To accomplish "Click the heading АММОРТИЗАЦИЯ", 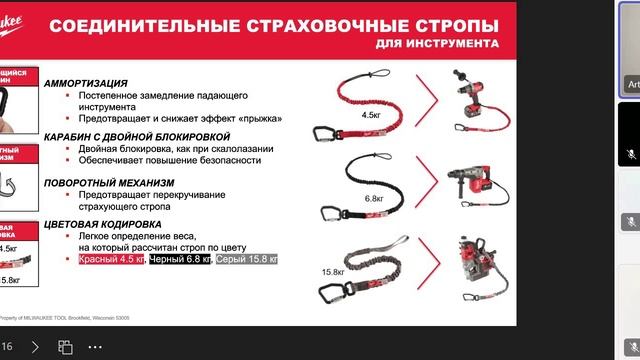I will pyautogui.click(x=85, y=84).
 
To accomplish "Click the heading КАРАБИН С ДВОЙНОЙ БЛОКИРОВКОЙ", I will pyautogui.click(x=137, y=136).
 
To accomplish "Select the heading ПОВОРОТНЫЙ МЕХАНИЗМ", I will pyautogui.click(x=109, y=183).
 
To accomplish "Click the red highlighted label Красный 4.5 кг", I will pyautogui.click(x=111, y=259).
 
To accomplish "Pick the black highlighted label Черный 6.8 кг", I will pyautogui.click(x=181, y=259).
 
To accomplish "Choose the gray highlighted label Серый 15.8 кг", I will pyautogui.click(x=247, y=259).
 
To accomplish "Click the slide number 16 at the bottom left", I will pyautogui.click(x=7, y=347).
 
